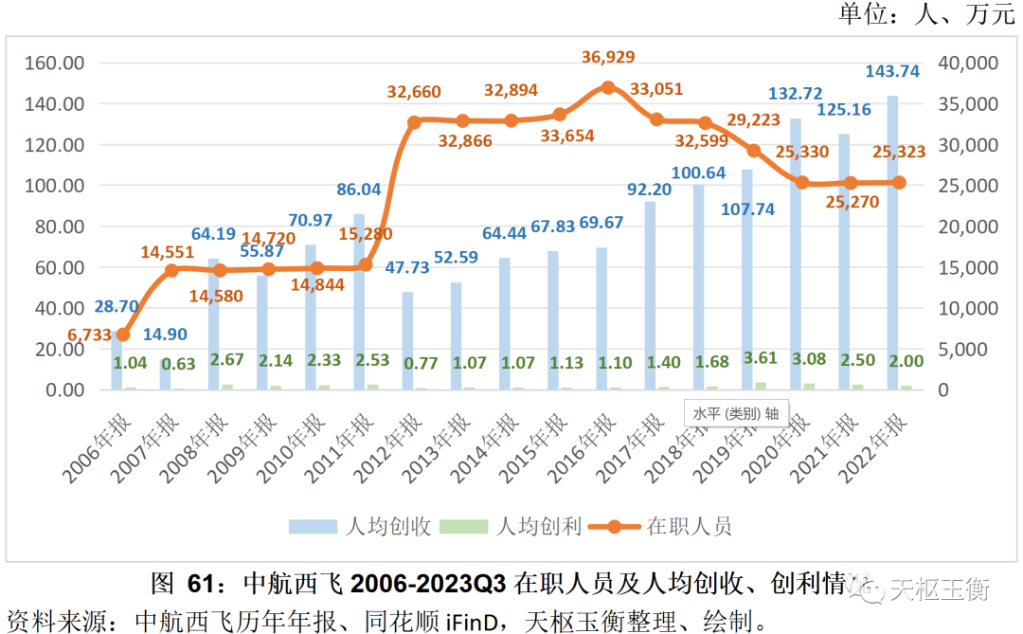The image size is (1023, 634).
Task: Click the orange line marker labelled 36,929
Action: [x=608, y=87]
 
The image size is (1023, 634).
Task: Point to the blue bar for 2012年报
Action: [x=408, y=340]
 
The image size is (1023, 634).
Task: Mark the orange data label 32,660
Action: [x=414, y=93]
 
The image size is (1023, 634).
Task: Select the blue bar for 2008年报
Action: [x=214, y=323]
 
